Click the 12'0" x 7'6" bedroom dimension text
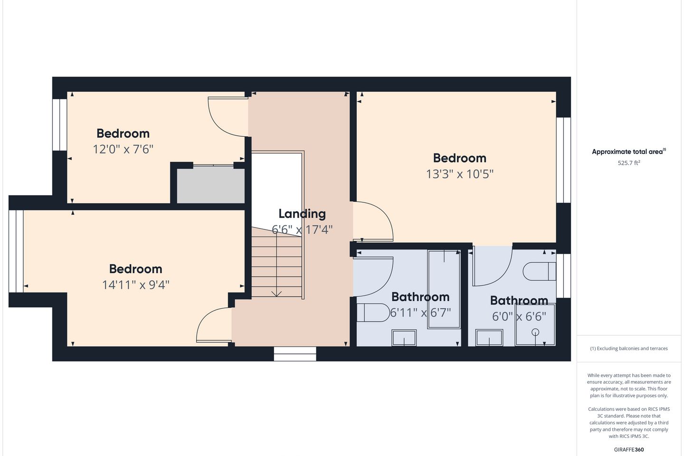tap(123, 149)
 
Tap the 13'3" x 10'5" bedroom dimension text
tap(460, 174)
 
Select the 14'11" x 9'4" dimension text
tap(135, 285)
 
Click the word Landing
tap(302, 214)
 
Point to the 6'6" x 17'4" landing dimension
tap(302, 230)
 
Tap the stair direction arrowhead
tap(276, 294)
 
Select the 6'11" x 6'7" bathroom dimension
tap(420, 313)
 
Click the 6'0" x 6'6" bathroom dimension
tap(519, 316)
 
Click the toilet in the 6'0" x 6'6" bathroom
tap(539, 271)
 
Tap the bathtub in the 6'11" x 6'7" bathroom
tap(444, 289)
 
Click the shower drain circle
tap(535, 332)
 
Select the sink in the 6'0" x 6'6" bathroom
tap(489, 338)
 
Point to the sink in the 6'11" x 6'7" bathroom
tap(404, 338)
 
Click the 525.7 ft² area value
tap(629, 163)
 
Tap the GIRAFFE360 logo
tap(629, 449)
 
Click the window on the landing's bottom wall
tap(294, 354)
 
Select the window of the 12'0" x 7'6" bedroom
tap(59, 124)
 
